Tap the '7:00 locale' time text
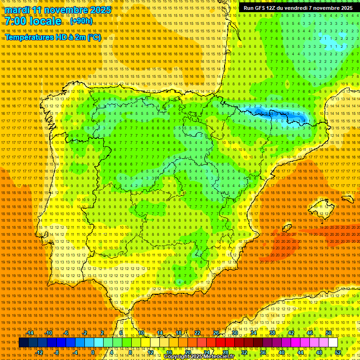[x=33, y=21]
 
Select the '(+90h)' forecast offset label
[x=81, y=21]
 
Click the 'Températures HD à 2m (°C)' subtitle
[x=53, y=37]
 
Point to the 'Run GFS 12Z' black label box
[x=298, y=8]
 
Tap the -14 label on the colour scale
[x=30, y=333]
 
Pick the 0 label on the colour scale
[x=93, y=352]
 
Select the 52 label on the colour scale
[x=338, y=352]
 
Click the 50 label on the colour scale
[x=329, y=333]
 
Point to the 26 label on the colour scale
[x=216, y=333]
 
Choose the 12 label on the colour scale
[x=150, y=352]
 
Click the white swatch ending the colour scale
[x=333, y=343]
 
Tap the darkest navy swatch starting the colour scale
[x=23, y=343]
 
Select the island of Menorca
[x=347, y=199]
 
